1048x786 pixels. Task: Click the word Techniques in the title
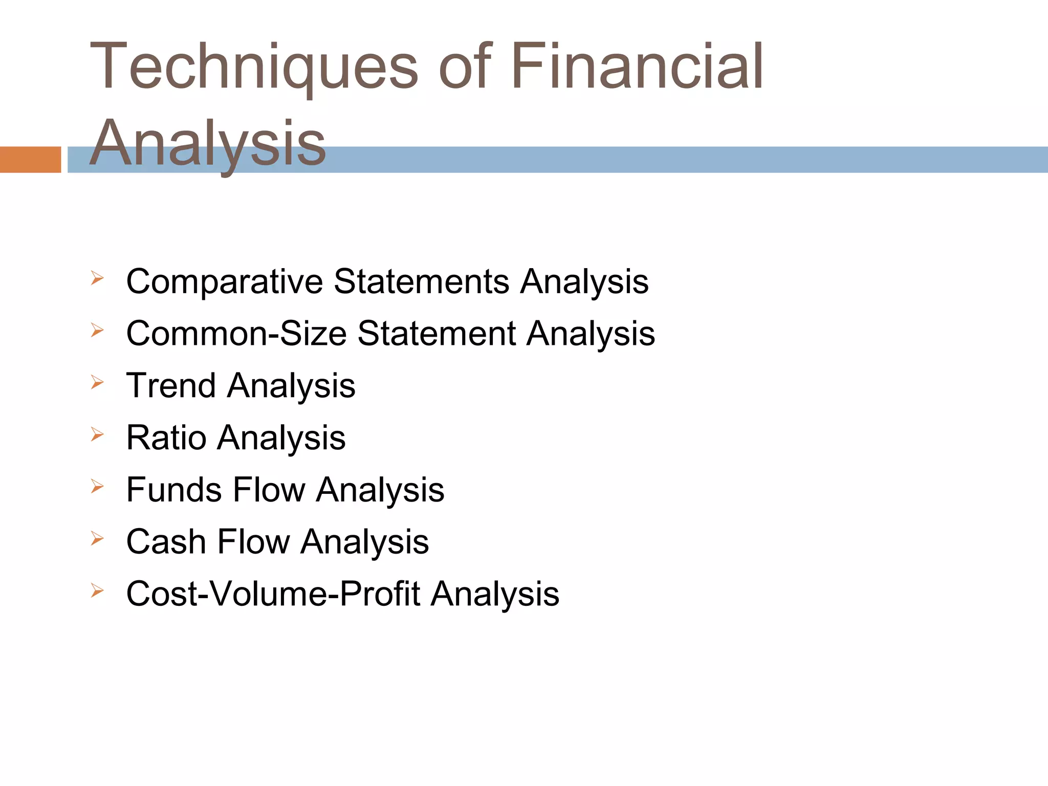(x=254, y=68)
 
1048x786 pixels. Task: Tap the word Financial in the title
(x=637, y=68)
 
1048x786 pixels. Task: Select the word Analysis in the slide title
(x=207, y=143)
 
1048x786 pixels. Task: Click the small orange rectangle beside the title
(x=30, y=160)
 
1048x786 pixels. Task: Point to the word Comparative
(x=225, y=282)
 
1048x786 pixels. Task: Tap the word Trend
(x=171, y=385)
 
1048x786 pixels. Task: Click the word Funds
(x=173, y=490)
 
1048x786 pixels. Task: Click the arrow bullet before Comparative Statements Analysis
(x=97, y=278)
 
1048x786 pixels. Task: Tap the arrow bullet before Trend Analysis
(x=97, y=382)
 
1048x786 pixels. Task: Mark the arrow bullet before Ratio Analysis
(x=97, y=434)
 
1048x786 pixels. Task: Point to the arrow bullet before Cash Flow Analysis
(x=97, y=538)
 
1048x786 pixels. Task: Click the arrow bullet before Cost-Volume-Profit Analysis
(x=97, y=591)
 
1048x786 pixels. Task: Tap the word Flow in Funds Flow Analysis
(x=268, y=490)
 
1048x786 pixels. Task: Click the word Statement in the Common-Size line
(x=436, y=334)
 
